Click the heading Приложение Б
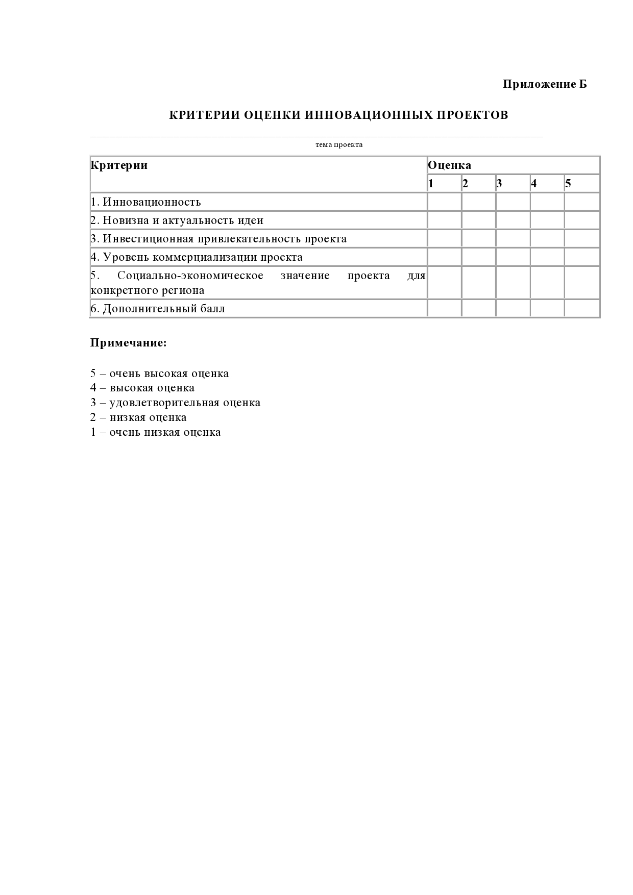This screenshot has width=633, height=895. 545,84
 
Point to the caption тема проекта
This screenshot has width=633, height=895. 339,145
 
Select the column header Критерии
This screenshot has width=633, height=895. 119,165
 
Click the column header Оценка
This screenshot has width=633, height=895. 449,165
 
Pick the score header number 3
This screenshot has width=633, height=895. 499,184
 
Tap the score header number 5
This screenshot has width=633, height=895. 568,184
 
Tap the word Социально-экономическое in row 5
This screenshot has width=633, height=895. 190,276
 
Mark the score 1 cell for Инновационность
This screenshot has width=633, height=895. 444,202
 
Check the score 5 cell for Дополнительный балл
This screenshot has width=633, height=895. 582,309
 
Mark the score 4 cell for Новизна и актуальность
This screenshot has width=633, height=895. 547,220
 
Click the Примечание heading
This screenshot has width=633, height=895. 129,343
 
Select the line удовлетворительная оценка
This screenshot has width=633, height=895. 185,403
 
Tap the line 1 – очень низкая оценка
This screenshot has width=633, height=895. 156,432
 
